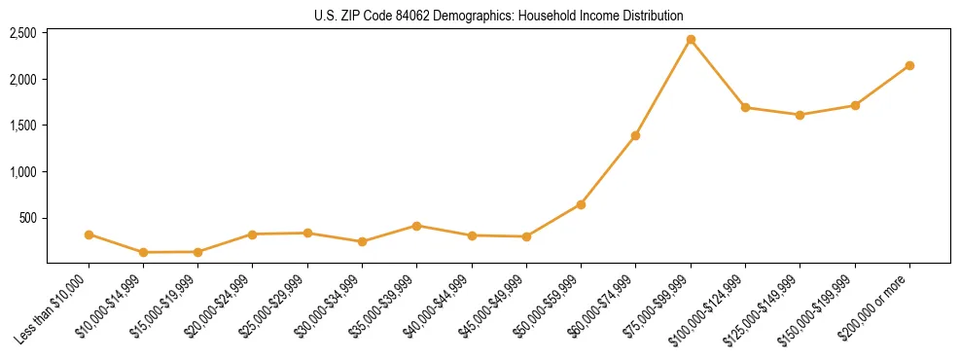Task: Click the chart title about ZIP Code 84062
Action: tap(498, 16)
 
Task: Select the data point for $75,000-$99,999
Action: tap(691, 40)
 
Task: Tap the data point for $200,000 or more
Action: tap(909, 65)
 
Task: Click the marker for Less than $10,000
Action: tap(89, 234)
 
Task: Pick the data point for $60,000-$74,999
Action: tap(635, 135)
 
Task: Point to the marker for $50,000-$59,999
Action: tap(581, 204)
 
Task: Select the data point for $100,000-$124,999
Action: tap(745, 107)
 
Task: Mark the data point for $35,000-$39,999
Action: tap(416, 226)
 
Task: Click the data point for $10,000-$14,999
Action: tap(143, 252)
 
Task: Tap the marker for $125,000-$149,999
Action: tap(800, 115)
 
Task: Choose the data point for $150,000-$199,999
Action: tap(855, 105)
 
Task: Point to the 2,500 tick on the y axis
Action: tap(23, 33)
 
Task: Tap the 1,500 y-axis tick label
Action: tap(23, 126)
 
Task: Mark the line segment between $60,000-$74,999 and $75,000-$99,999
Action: tap(662, 88)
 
